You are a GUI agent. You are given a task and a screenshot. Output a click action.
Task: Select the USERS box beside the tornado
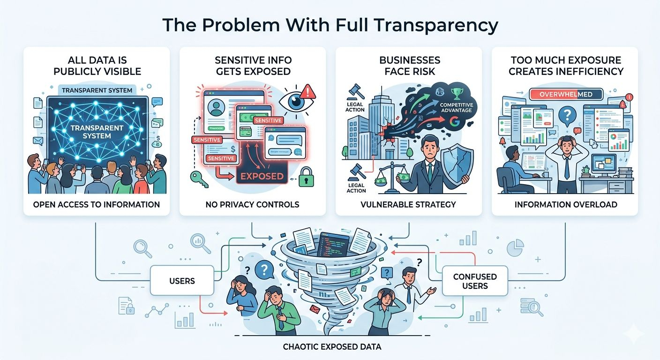pos(181,281)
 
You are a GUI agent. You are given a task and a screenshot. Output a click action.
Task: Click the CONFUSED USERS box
pos(474,281)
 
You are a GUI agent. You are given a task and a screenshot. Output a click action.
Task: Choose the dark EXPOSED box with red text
pos(261,176)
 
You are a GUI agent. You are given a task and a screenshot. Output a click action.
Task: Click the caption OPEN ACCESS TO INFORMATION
pos(97,204)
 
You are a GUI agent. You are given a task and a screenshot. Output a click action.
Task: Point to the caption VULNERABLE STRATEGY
pos(409,204)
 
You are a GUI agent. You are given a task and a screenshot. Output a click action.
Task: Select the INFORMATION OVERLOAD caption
pos(565,204)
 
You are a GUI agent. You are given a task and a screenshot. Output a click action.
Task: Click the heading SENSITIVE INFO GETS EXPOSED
pos(253,66)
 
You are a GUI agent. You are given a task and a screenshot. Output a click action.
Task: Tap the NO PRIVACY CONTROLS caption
pos(253,204)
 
